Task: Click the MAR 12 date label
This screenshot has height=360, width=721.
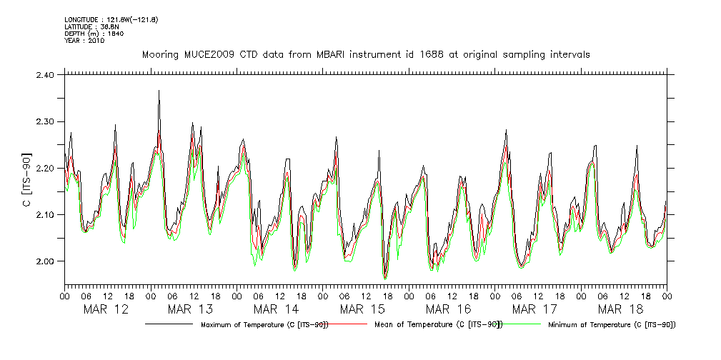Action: pos(106,309)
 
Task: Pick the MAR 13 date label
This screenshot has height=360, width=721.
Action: pos(191,309)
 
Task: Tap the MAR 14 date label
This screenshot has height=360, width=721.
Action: pos(277,309)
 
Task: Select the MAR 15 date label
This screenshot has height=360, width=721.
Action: pos(362,309)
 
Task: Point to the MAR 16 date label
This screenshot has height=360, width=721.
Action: pos(448,309)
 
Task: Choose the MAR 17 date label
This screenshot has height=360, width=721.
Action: pos(534,309)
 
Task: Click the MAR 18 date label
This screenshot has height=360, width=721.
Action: pos(620,309)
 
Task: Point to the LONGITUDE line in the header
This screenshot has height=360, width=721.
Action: pos(111,19)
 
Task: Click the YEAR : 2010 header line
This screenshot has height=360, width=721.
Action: pos(84,41)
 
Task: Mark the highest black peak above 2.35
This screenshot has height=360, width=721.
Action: pos(159,91)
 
